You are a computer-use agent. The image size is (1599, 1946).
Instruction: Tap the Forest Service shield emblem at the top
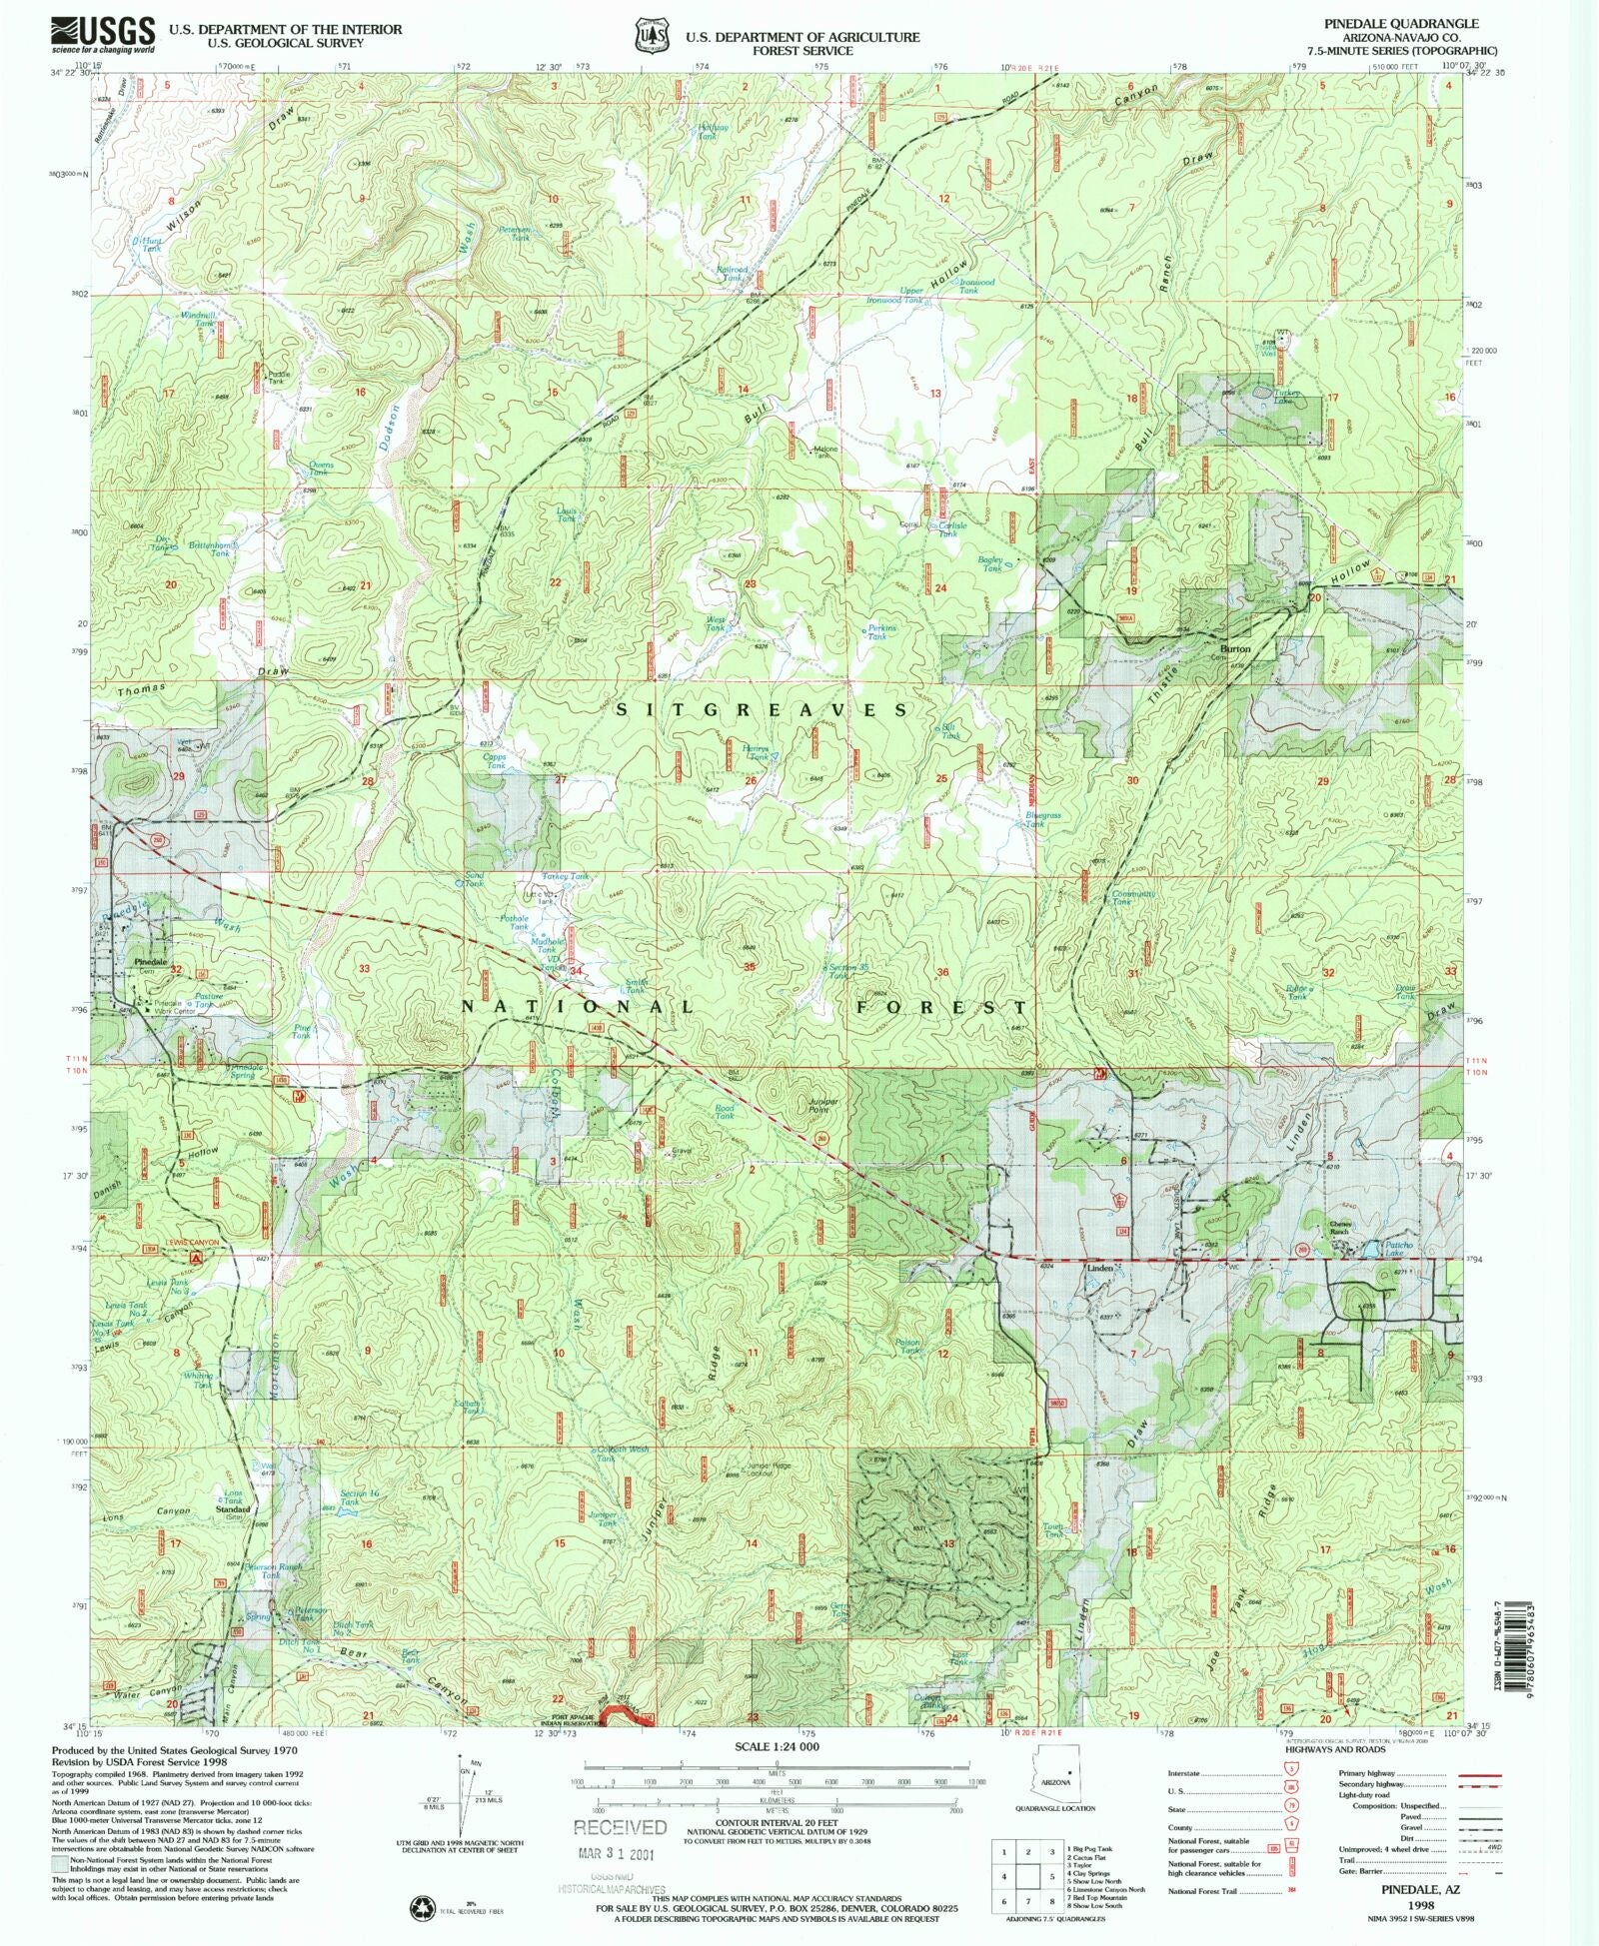(x=651, y=34)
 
